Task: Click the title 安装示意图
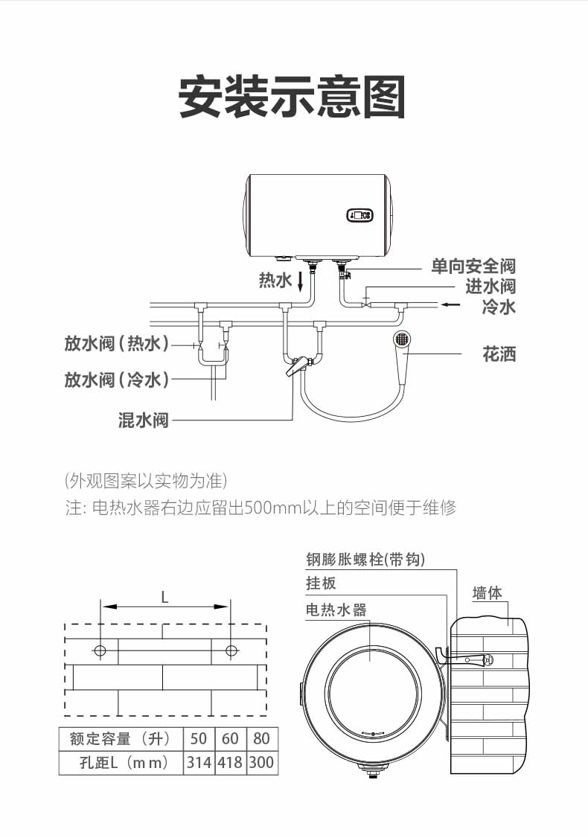click(x=292, y=97)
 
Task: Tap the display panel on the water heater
click(x=359, y=215)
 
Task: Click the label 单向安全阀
click(x=473, y=266)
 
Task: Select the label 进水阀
click(x=490, y=286)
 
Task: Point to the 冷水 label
click(x=499, y=307)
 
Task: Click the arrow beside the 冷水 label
click(x=450, y=305)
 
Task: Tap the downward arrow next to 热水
click(x=301, y=281)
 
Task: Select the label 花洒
click(x=499, y=354)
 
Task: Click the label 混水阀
click(x=143, y=420)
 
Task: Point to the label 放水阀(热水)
click(x=117, y=343)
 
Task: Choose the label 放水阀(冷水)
click(x=117, y=380)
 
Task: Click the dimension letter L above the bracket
click(x=164, y=597)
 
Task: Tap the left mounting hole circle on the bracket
click(x=100, y=651)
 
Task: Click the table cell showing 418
click(x=230, y=763)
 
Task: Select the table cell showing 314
click(x=199, y=763)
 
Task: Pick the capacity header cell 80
click(x=261, y=738)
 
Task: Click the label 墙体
click(x=487, y=593)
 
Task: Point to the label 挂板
click(x=321, y=583)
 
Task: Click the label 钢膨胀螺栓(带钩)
click(x=365, y=560)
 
